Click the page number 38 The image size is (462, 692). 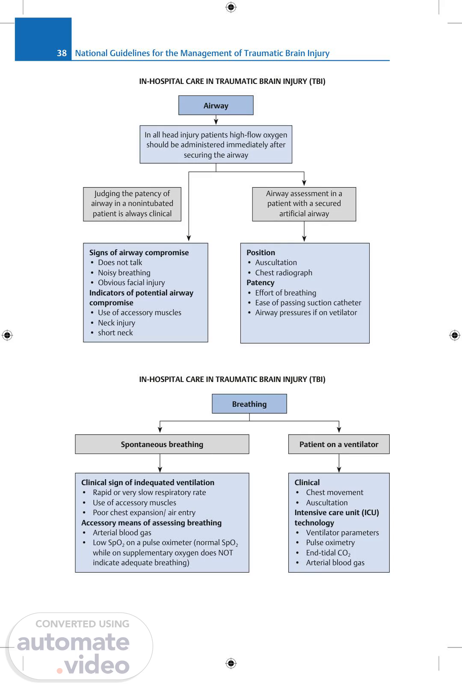tap(62, 53)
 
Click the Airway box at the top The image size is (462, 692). tap(216, 105)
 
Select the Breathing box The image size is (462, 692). tap(249, 404)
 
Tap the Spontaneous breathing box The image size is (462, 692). tap(162, 444)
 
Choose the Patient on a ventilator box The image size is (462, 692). tap(339, 444)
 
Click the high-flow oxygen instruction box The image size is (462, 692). tap(216, 145)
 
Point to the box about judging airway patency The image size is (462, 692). tap(132, 204)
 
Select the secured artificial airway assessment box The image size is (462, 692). tap(304, 204)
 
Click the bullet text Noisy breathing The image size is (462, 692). tap(124, 273)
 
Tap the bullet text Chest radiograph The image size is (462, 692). tap(284, 273)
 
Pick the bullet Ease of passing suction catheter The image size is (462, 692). tap(308, 303)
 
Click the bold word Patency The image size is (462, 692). tap(261, 283)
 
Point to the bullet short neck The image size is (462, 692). tap(115, 333)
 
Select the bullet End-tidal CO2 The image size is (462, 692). tap(328, 553)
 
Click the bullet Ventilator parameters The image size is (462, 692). tap(342, 533)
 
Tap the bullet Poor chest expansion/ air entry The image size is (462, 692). tap(144, 513)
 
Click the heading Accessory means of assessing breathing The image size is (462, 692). tap(151, 523)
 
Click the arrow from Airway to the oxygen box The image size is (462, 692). tap(216, 120)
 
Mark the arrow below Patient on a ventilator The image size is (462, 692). tap(339, 463)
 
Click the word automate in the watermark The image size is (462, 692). tap(73, 642)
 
